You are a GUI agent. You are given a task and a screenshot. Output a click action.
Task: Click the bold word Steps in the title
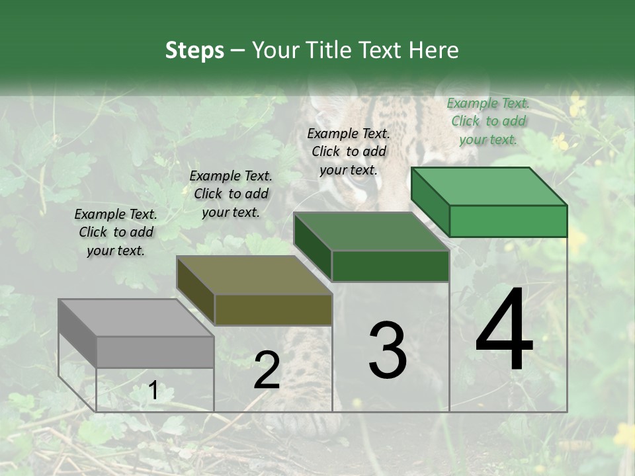pos(194,50)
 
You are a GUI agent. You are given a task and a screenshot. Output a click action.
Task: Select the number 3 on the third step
pos(388,350)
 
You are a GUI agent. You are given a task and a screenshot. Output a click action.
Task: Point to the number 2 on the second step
pos(267,370)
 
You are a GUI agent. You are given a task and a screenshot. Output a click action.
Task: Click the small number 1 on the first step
pos(153,391)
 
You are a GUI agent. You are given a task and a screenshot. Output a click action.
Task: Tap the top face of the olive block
pos(254,275)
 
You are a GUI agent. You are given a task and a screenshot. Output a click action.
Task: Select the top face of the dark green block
pos(371,231)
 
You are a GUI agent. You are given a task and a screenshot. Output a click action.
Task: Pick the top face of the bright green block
pos(489,186)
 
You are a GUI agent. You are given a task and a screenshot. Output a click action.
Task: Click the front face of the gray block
pos(155,352)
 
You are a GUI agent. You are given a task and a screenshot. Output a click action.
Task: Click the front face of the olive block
pos(273,309)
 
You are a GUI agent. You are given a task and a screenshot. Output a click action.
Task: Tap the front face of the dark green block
pos(390,266)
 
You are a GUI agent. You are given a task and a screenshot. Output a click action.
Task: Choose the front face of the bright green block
pos(508,221)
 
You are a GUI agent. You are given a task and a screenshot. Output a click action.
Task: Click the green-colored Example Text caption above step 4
pos(488,121)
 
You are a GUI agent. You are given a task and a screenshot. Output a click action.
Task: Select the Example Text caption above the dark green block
pos(349,151)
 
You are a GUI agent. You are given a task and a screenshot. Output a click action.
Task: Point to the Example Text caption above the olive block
pos(231,194)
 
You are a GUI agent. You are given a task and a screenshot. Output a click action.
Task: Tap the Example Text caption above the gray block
pos(116,232)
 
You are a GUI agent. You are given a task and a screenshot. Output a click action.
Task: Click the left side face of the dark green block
pos(312,247)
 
